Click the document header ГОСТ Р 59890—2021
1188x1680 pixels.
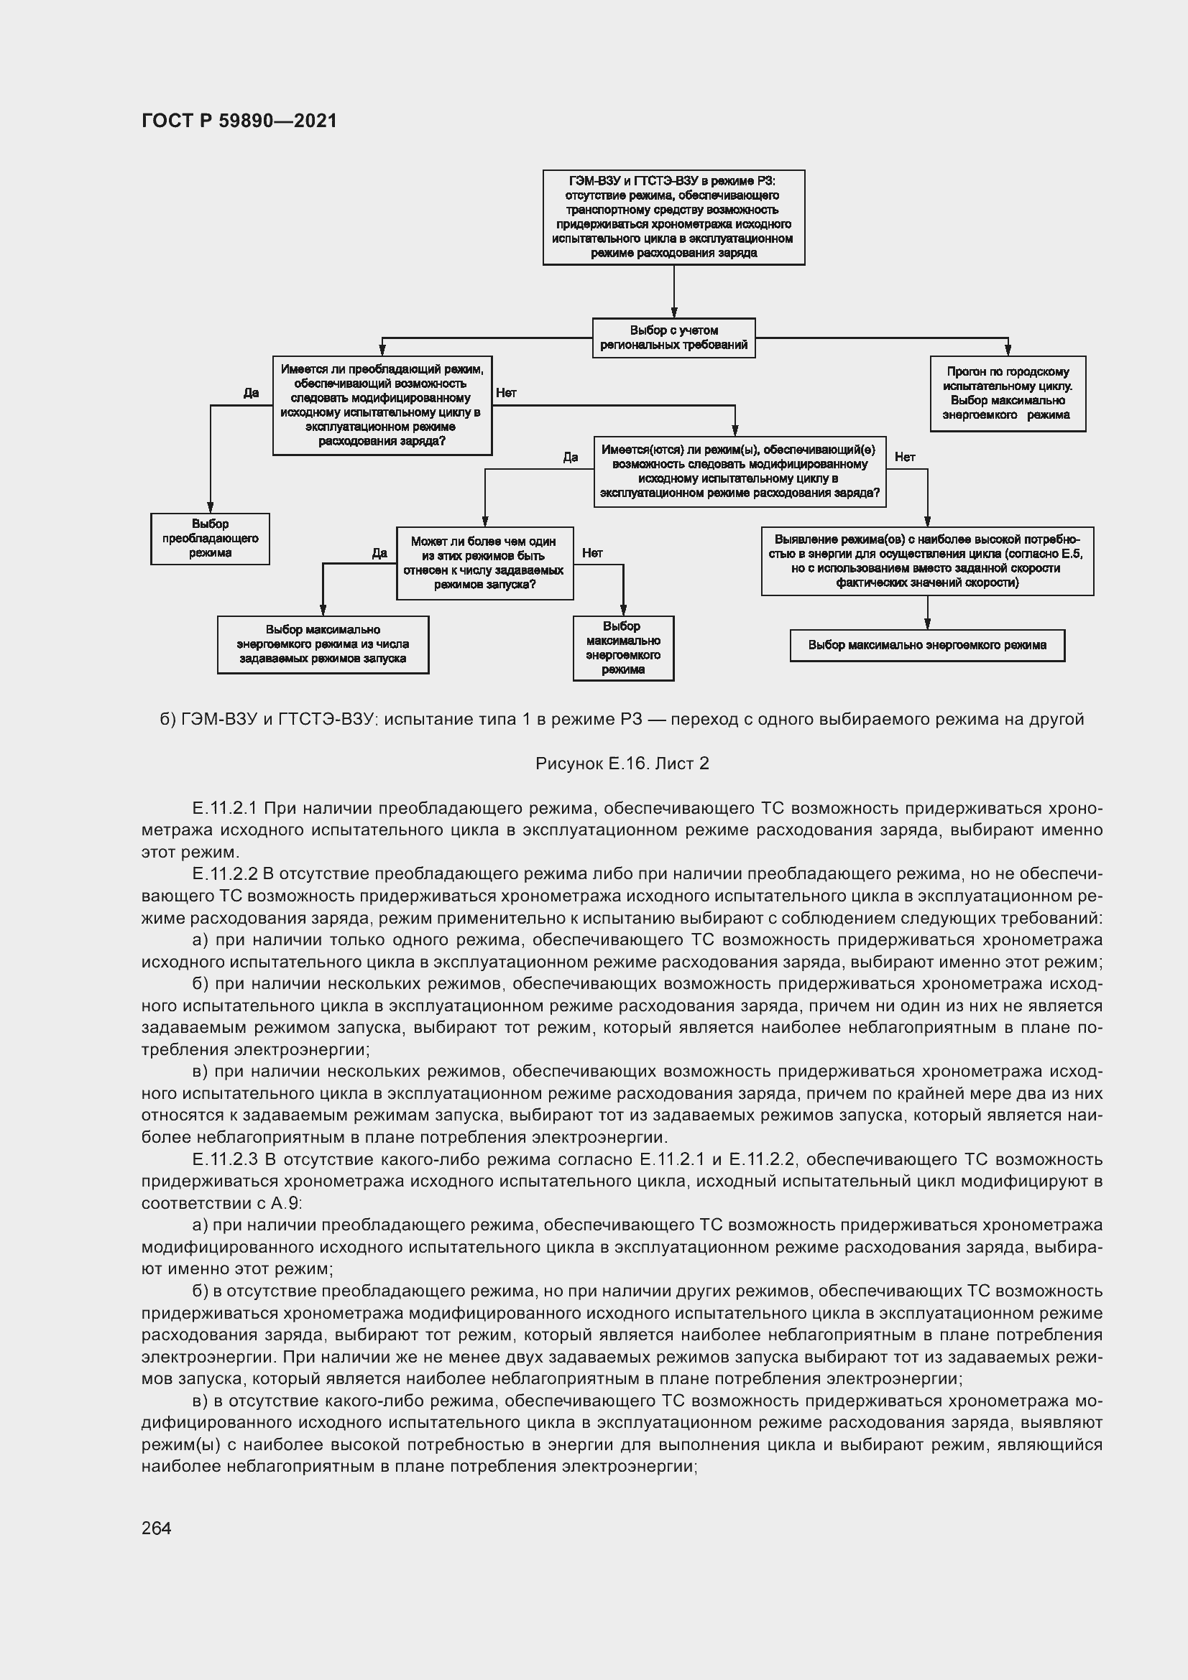[239, 121]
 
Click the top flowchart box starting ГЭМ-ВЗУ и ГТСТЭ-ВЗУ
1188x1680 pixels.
[673, 218]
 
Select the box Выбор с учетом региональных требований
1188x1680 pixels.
[673, 338]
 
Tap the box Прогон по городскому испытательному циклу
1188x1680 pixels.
[1007, 394]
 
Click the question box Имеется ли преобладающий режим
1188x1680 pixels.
[382, 405]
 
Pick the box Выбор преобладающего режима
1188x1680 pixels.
[210, 539]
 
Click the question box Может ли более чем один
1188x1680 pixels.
[484, 562]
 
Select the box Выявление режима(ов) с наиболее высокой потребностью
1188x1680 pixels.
[926, 560]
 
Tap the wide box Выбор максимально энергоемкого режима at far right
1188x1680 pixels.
[926, 646]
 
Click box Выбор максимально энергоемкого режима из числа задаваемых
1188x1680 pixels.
[323, 644]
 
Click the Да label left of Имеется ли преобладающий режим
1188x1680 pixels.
[251, 393]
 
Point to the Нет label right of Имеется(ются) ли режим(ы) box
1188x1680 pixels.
[905, 457]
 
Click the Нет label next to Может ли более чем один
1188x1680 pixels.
[592, 553]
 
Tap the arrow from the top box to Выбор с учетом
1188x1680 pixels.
[673, 292]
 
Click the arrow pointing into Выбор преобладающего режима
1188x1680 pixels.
[210, 505]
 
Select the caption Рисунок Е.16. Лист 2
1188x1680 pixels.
[622, 764]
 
